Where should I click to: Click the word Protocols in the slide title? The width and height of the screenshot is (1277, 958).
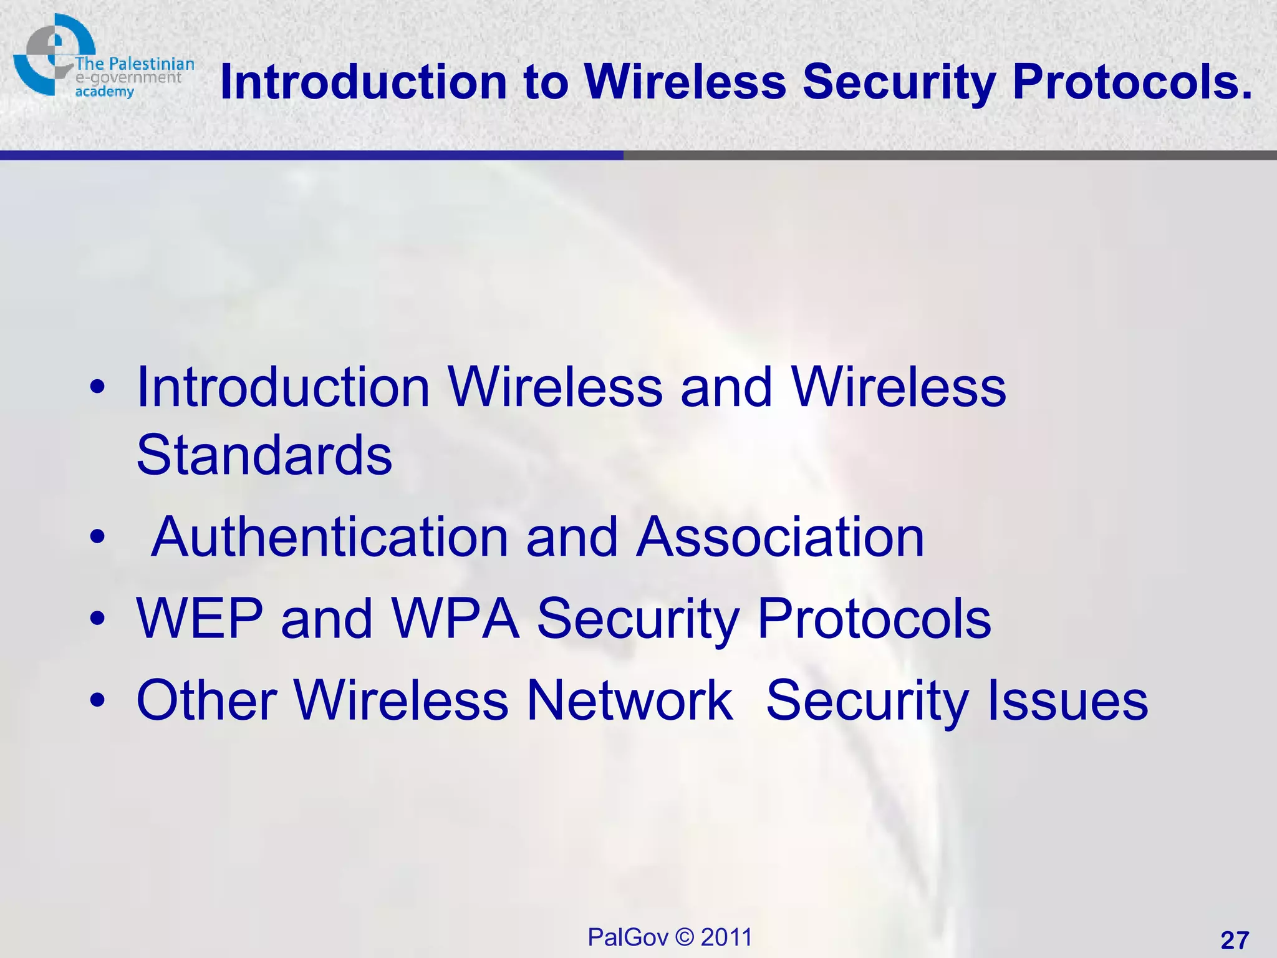pos(1132,82)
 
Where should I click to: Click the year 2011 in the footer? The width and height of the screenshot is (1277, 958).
pos(726,937)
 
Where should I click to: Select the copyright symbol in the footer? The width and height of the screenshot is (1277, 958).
pos(685,937)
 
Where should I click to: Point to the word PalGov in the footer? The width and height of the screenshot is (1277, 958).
pos(628,937)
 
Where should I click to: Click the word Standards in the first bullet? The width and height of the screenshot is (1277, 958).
pos(264,455)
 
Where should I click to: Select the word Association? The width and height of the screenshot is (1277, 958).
pos(780,537)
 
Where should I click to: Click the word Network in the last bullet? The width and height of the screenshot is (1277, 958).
pos(630,700)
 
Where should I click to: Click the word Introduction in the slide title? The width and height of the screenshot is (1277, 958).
pos(364,82)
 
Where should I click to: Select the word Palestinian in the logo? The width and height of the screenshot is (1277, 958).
pos(152,64)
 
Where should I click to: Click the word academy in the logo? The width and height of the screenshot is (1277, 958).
pos(105,92)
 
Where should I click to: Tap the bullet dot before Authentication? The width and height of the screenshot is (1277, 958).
pos(97,537)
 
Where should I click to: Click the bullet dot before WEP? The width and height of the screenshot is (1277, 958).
pos(97,619)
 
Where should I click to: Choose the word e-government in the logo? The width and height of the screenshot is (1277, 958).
pos(128,78)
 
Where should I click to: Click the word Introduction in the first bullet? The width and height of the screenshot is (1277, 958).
pos(283,387)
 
